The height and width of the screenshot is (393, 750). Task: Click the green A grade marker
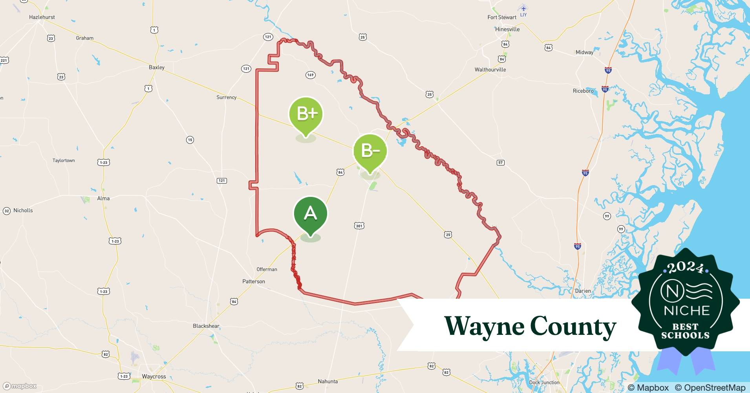point(310,214)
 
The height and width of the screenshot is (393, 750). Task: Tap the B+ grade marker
point(306,114)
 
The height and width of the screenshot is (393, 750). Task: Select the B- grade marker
point(370,151)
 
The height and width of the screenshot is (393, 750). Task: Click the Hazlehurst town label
point(42,17)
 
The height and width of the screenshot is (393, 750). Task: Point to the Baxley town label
point(157,67)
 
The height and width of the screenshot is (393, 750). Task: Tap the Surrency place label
point(227,97)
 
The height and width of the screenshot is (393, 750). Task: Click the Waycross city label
point(154,376)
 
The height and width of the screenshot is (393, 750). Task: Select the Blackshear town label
point(206,326)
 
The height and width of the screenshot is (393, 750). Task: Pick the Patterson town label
point(254,281)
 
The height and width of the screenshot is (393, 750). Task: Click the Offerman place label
point(267,269)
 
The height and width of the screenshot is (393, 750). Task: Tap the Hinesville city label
point(507,29)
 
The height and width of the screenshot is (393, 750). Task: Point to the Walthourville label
point(490,70)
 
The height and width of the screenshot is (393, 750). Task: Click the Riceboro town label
point(583,91)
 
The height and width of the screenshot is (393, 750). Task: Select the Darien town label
point(583,291)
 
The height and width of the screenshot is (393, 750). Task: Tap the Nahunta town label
point(328,381)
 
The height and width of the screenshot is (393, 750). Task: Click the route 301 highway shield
point(359,226)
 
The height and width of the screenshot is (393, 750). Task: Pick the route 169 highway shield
point(311,75)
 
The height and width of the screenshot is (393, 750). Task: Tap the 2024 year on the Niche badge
point(686,268)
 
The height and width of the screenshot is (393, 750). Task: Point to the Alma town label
point(104,198)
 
